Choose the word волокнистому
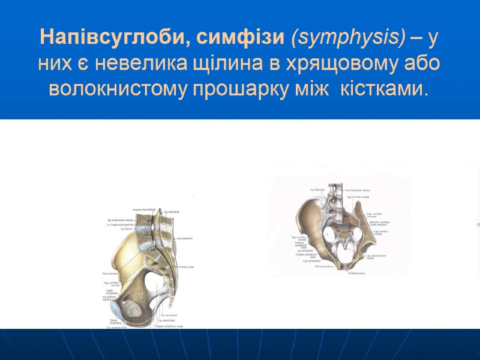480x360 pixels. pyautogui.click(x=118, y=89)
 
